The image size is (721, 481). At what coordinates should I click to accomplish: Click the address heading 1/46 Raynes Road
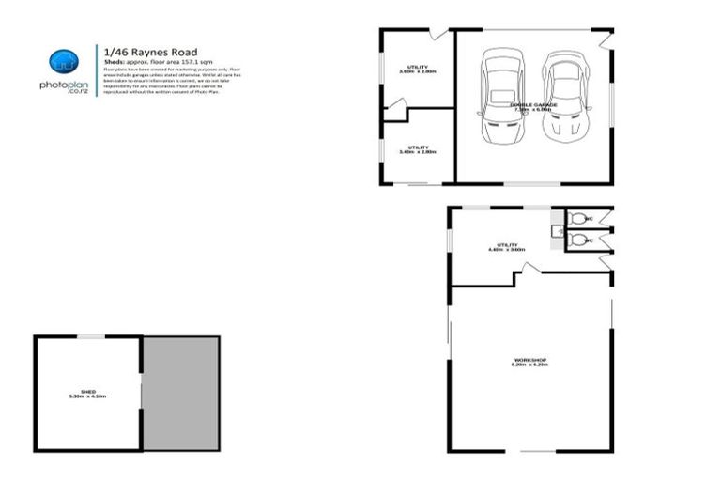click(150, 52)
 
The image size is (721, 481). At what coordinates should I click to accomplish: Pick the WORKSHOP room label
click(529, 362)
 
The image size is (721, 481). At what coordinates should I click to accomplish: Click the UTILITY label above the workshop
click(506, 247)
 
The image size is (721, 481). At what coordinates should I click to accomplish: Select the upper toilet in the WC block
click(575, 220)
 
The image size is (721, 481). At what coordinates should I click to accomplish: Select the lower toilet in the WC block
click(575, 240)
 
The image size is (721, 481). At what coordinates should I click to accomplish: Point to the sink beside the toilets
click(556, 229)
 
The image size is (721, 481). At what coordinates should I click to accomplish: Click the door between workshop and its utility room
click(529, 271)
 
